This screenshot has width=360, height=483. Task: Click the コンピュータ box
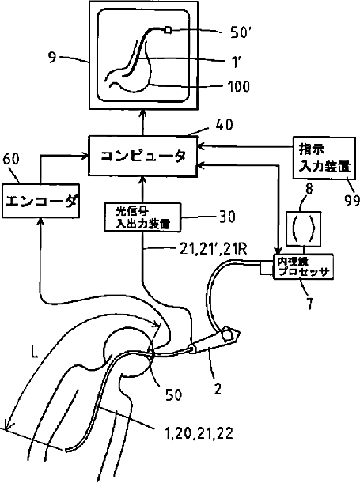coord(142,157)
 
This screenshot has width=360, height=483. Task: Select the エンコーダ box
coord(40,201)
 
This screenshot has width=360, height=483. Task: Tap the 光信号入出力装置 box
coord(142,217)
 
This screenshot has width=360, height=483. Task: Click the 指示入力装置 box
coord(324,158)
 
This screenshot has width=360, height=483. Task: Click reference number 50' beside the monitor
coord(239,32)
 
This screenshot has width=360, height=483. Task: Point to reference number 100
coord(239,86)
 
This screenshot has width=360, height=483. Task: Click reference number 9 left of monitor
coord(52,58)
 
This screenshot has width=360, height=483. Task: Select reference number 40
coord(224,125)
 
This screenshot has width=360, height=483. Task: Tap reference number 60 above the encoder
coord(11,159)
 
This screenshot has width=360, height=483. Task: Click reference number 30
coord(227,217)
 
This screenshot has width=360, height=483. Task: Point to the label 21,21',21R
coord(214,249)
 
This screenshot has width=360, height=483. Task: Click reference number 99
coord(351,201)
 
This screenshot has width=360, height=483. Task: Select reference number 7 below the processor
coord(310,303)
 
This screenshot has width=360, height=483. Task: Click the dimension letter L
coord(34,351)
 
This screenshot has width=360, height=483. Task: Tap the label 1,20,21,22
coord(199,434)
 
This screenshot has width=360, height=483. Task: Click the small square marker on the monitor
coord(168,30)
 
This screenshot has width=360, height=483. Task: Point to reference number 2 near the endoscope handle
coord(218,389)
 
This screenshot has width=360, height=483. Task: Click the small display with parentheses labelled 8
coord(304,228)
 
